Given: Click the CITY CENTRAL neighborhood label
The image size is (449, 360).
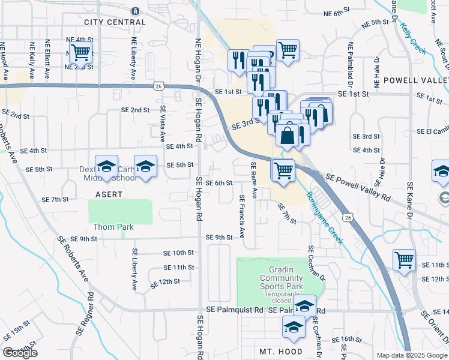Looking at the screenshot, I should point(115,22).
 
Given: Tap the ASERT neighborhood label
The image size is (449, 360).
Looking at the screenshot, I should point(109,194).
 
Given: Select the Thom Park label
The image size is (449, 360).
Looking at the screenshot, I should point(113,227).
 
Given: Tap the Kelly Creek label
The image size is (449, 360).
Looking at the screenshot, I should point(414,39).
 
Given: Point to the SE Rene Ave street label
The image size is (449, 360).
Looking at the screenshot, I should point(254,180).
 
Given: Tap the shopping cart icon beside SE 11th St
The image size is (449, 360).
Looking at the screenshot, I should point(404,260).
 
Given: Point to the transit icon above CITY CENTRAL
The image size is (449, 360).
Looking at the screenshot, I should point(135,10).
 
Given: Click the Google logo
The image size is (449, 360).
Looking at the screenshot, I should point(20,353).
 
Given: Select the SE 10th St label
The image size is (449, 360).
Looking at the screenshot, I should point(179,253).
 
